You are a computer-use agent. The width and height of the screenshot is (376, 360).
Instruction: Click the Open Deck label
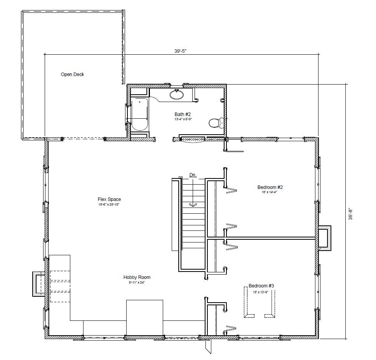[x=72, y=74]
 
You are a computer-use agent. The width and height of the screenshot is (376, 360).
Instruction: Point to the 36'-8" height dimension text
[x=350, y=214]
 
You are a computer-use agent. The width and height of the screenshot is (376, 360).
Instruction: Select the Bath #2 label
[x=182, y=114]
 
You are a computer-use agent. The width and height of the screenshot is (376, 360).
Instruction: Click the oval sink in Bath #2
[x=177, y=94]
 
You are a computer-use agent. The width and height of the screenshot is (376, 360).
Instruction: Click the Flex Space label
[x=109, y=199]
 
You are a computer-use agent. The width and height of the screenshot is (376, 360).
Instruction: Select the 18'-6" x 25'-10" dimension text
[x=109, y=204]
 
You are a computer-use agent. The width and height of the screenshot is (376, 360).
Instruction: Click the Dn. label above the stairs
[x=193, y=175]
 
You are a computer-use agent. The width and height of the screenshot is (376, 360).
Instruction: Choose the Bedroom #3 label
[x=261, y=286]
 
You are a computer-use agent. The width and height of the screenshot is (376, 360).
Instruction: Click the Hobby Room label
[x=137, y=277]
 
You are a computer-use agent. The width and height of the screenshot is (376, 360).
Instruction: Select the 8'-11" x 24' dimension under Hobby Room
[x=137, y=282]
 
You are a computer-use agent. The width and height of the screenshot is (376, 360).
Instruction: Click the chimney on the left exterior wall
[x=38, y=284]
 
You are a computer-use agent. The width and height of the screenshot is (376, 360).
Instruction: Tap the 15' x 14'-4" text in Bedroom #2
[x=269, y=191]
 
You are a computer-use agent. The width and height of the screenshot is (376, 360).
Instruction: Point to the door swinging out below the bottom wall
[x=208, y=346]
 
